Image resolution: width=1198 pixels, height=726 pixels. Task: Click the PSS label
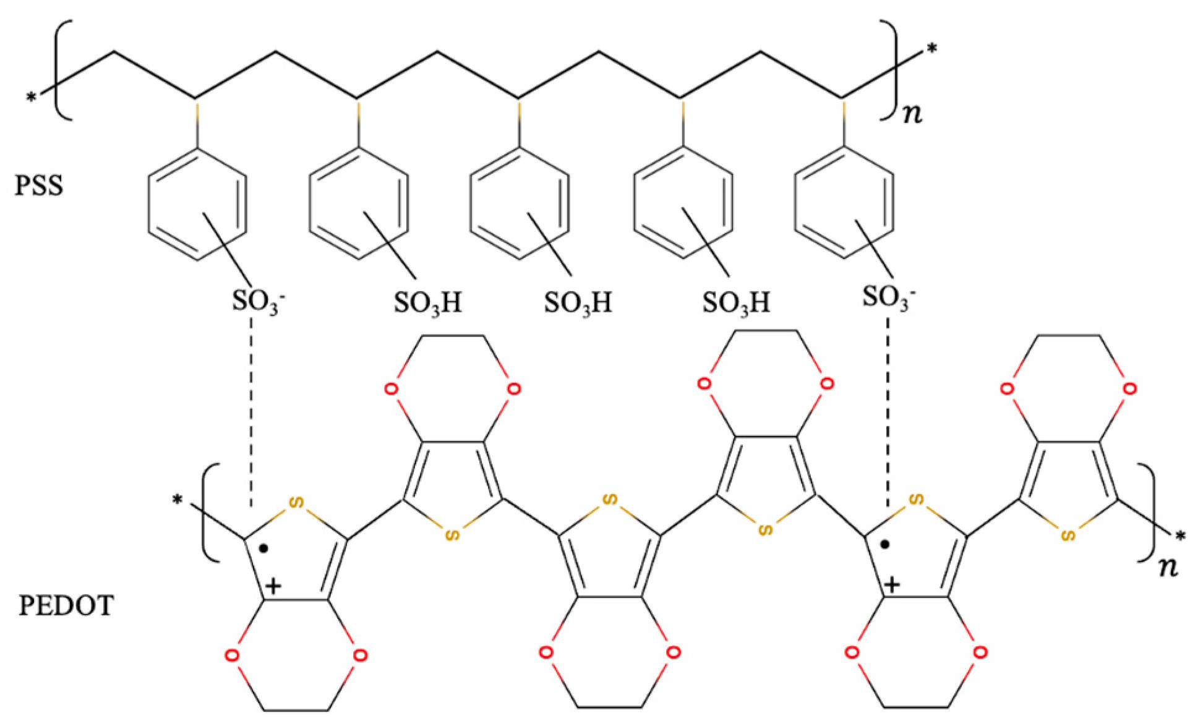(39, 186)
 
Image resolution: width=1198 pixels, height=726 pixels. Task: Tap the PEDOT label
(66, 605)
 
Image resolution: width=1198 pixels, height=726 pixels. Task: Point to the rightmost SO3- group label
(888, 297)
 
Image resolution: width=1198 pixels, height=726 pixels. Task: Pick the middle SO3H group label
(578, 302)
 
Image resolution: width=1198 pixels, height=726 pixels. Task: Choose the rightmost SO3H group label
(736, 302)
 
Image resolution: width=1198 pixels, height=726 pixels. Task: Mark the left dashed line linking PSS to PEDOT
(251, 411)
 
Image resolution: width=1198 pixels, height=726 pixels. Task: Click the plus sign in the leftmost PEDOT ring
(273, 585)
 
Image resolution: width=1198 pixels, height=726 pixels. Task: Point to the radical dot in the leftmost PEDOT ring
(263, 548)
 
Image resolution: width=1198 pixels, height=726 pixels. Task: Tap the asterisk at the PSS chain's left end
(31, 98)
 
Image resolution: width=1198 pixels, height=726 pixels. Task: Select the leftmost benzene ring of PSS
(197, 204)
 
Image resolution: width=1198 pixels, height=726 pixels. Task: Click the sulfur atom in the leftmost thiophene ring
(297, 502)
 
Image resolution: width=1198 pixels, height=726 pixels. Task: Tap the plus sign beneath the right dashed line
(892, 584)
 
